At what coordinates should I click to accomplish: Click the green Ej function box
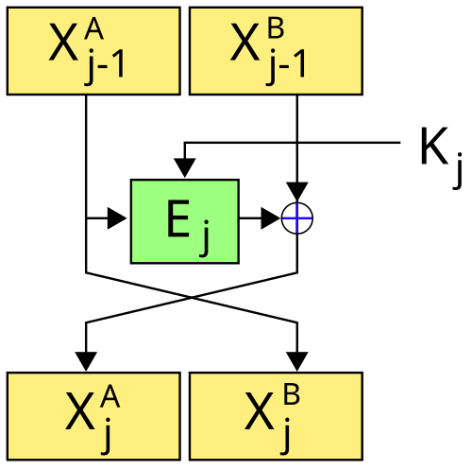[185, 221]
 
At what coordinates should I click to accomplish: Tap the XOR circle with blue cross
[297, 218]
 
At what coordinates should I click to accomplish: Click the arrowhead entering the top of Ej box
[185, 168]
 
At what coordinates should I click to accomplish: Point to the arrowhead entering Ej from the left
[117, 218]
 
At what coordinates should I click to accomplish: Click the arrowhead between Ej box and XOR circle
[271, 218]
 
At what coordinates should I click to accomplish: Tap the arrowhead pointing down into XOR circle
[297, 191]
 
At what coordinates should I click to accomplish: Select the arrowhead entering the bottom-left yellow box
[86, 361]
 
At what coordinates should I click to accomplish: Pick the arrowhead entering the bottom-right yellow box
[297, 361]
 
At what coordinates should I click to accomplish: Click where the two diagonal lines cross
[192, 298]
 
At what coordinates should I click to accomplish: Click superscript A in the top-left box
[93, 30]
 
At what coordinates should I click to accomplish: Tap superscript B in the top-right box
[276, 29]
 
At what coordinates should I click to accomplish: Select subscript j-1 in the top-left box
[105, 67]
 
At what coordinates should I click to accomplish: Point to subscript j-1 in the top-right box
[286, 67]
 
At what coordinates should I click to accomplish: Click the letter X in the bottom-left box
[80, 411]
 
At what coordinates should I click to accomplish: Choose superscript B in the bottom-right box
[292, 394]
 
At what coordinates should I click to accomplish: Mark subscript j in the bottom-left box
[107, 436]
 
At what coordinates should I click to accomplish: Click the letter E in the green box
[178, 218]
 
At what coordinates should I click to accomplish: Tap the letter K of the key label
[434, 146]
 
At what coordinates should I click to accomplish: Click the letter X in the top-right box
[244, 42]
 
